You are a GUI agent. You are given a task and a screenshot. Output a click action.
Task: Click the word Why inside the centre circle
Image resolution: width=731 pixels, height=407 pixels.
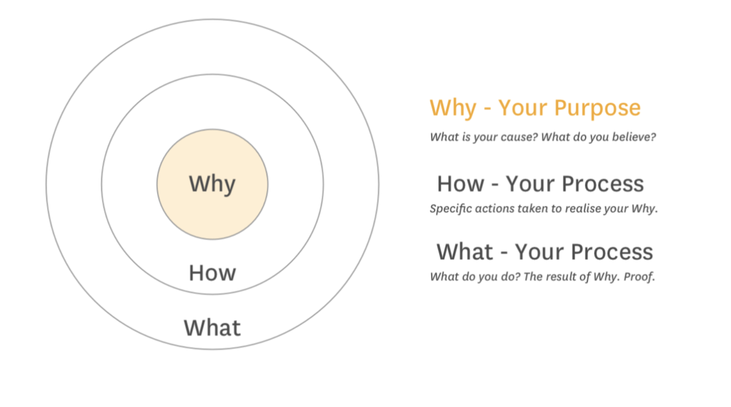pyautogui.click(x=212, y=184)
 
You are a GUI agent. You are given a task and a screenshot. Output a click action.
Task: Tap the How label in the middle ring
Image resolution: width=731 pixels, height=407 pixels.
pyautogui.click(x=213, y=273)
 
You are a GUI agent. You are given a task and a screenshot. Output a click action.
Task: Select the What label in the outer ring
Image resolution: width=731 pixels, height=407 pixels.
pyautogui.click(x=213, y=328)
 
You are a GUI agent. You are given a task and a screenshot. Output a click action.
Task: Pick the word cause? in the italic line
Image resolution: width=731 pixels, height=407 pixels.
pyautogui.click(x=519, y=137)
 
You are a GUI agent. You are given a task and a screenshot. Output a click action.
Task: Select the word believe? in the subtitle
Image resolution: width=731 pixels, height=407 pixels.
pyautogui.click(x=634, y=137)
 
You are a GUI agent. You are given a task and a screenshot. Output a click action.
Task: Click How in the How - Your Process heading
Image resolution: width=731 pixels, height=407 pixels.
pyautogui.click(x=461, y=184)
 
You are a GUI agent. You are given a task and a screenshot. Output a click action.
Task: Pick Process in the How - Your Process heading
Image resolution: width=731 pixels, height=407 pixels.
pyautogui.click(x=603, y=184)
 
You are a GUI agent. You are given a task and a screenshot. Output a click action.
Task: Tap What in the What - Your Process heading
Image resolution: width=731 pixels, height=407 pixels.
pyautogui.click(x=465, y=252)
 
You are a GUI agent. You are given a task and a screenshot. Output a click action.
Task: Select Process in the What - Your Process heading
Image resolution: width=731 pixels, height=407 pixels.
pyautogui.click(x=612, y=252)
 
